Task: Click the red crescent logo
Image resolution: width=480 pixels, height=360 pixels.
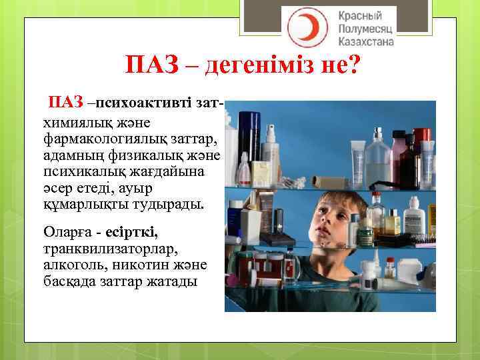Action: coord(303,27)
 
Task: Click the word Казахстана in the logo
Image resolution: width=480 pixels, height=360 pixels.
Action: coord(367,42)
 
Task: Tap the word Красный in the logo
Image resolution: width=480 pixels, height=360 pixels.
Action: coord(360,15)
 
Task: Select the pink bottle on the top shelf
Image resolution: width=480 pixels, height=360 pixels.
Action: coord(398,151)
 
